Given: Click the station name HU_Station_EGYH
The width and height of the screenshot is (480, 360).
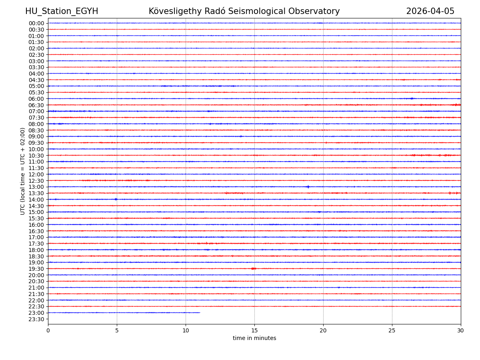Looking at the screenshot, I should click(x=62, y=11).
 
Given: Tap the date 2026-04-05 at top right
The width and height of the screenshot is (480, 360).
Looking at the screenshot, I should click(x=430, y=11).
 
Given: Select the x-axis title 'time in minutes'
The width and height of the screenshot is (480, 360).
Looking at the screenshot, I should click(x=254, y=338).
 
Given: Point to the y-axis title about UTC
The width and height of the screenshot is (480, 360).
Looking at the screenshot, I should click(x=23, y=171).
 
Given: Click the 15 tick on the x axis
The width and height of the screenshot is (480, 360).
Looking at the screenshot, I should click(x=254, y=331).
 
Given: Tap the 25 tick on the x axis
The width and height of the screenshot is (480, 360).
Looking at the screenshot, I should click(x=392, y=331).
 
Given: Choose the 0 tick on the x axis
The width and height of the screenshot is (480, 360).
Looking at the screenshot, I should click(x=48, y=331).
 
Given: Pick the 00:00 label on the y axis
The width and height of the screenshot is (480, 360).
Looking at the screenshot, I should click(x=36, y=23).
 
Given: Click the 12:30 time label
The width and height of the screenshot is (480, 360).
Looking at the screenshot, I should click(x=36, y=181).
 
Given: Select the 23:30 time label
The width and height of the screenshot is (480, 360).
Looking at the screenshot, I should click(x=36, y=319).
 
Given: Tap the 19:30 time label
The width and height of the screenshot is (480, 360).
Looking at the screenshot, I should click(x=36, y=269).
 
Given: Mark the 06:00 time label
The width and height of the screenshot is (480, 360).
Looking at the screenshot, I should click(x=36, y=99).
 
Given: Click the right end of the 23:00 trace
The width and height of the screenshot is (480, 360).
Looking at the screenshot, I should click(x=200, y=312).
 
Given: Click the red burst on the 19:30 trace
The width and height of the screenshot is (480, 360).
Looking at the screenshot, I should click(x=254, y=268).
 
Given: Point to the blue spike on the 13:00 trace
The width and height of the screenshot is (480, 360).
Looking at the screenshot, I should click(x=308, y=187).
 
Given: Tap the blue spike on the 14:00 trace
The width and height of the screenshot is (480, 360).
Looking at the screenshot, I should click(x=116, y=199).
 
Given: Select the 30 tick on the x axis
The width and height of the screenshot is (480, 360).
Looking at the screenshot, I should click(x=461, y=331).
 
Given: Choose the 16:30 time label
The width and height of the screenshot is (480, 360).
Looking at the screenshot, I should click(x=36, y=231).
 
